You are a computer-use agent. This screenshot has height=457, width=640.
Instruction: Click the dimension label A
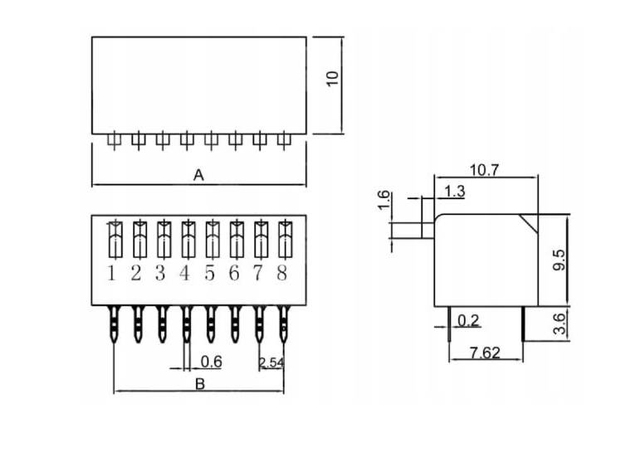(198, 175)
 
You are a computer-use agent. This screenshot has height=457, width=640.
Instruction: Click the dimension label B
(199, 383)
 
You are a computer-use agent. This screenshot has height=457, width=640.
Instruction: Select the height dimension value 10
(333, 79)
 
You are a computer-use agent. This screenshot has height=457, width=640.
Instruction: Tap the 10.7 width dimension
(484, 170)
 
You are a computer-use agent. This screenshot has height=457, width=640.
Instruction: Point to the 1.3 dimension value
(454, 192)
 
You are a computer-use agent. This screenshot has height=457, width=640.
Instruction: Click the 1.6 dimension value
(384, 200)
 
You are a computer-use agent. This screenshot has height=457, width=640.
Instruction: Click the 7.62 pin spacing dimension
(484, 352)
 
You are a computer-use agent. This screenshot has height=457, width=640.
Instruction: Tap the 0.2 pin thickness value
(468, 321)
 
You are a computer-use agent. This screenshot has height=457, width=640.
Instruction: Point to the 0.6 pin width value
(212, 362)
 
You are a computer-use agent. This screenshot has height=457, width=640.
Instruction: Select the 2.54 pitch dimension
(271, 362)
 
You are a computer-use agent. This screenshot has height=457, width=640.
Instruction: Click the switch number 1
(112, 273)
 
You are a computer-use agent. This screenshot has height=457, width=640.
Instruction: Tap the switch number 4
(185, 273)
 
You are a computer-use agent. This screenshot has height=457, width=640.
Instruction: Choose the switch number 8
(282, 273)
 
